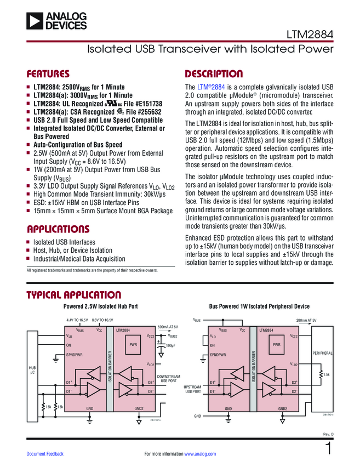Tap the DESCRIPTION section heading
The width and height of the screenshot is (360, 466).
(214, 74)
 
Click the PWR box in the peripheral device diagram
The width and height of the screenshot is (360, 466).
(276, 345)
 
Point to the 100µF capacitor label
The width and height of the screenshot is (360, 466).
(169, 345)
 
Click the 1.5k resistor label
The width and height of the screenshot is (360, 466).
(327, 374)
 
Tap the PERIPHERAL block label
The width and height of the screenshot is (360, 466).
(322, 353)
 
